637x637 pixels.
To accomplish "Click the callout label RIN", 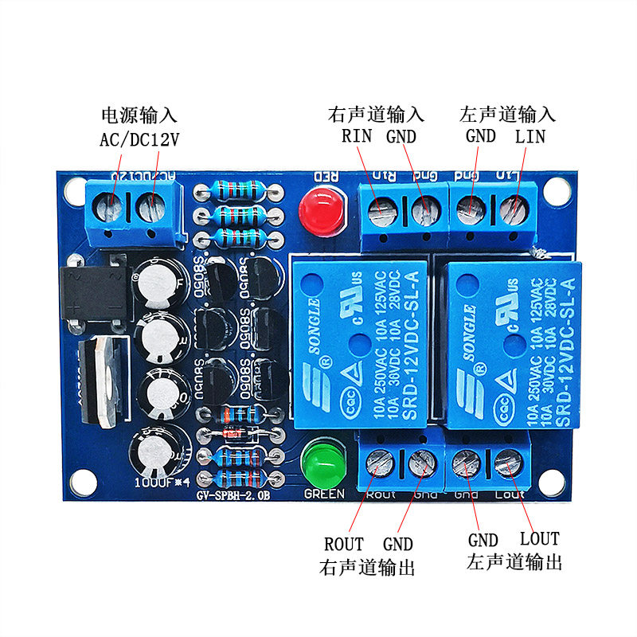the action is pos(357,136).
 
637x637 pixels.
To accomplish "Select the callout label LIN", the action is pos(530,136).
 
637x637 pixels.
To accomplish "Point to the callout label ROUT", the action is pos(344,545).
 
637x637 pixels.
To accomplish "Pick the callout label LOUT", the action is pos(539,539).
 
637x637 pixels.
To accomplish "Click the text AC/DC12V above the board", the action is pos(139,140).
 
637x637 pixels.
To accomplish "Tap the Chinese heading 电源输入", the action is pos(139,115).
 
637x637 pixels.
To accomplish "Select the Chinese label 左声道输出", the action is pos(514,562).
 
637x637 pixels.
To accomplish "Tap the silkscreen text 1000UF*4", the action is pos(160,482).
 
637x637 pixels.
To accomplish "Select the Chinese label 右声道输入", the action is pos(376,114).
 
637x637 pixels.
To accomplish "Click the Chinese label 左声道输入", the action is pos(507,114).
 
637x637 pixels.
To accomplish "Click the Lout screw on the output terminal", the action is pos(506,464).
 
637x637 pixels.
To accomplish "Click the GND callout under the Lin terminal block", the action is pos(480,136).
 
